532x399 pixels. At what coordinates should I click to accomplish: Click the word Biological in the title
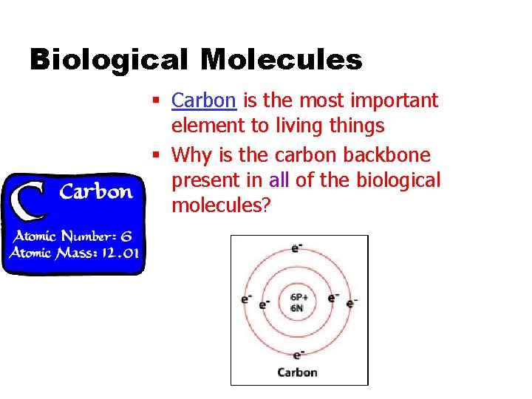click(x=108, y=59)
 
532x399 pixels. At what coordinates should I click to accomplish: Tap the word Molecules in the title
click(x=281, y=59)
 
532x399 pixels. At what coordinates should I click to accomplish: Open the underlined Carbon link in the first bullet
click(x=203, y=100)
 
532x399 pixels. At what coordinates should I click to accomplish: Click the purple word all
click(x=279, y=180)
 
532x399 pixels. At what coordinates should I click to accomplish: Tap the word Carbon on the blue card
click(x=96, y=192)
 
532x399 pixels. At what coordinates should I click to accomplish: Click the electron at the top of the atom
click(x=296, y=248)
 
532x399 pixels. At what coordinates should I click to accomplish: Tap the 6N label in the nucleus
click(x=296, y=307)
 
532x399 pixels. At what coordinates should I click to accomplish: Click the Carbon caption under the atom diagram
click(x=297, y=372)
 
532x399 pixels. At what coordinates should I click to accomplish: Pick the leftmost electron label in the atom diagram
click(x=245, y=300)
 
